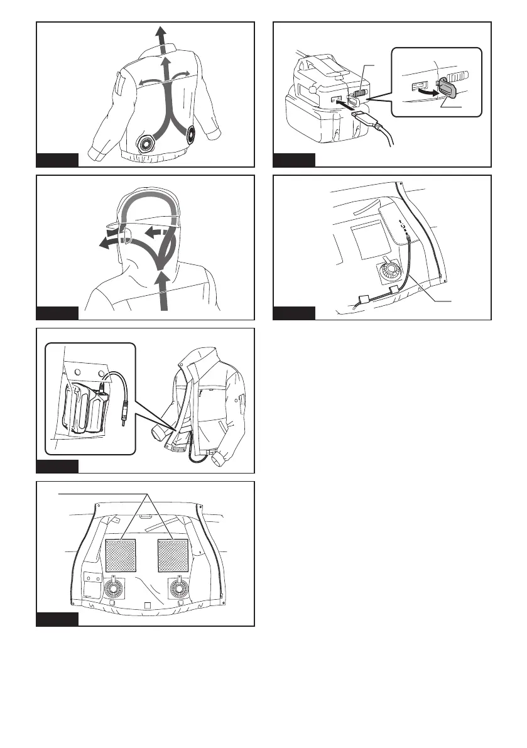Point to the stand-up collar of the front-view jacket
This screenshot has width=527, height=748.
coord(188,370)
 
